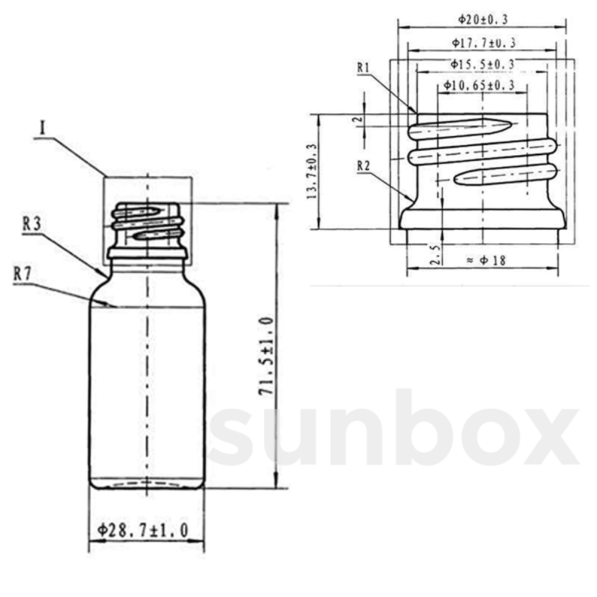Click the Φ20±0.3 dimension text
[483, 20]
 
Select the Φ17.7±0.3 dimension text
[483, 43]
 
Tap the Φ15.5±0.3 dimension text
[482, 64]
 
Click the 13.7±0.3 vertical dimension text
[312, 172]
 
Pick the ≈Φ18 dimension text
[487, 260]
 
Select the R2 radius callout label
[364, 167]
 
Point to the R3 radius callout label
[31, 225]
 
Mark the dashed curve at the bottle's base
[147, 483]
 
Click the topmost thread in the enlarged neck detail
[460, 129]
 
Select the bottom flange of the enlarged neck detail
[483, 219]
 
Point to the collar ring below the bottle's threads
[148, 254]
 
